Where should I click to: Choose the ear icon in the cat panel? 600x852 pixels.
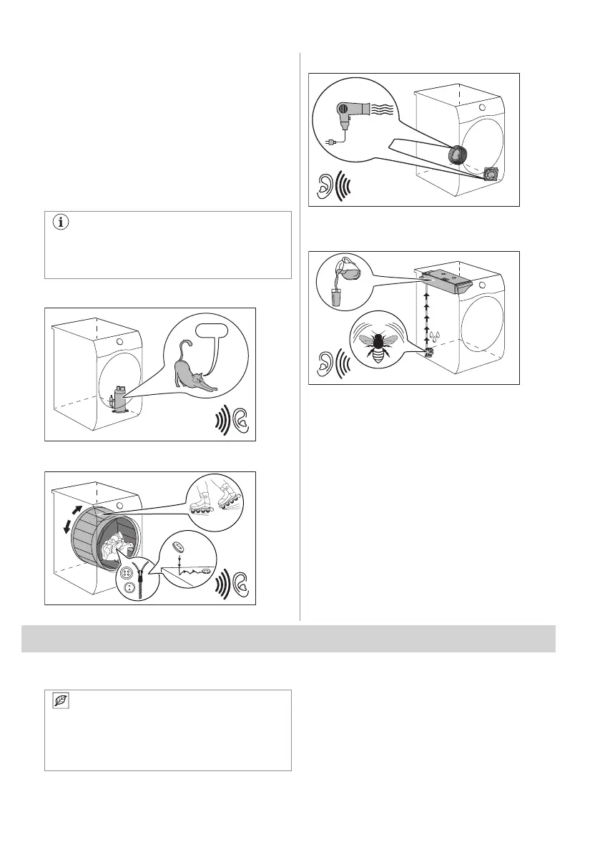click(240, 423)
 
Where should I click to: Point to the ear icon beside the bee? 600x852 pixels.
click(325, 366)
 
